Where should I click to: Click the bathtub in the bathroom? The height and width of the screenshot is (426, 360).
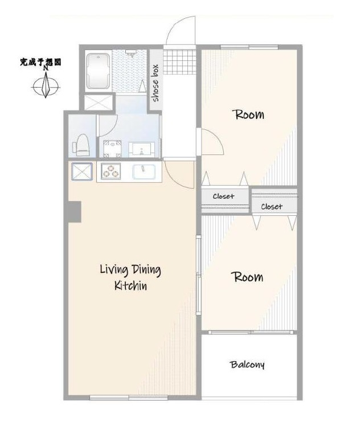point(99,71)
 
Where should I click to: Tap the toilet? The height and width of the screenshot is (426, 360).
point(81,145)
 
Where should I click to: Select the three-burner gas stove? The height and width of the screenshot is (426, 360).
point(111,171)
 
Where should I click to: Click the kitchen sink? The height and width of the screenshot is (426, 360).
point(144,172)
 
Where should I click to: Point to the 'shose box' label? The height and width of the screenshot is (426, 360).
point(156,83)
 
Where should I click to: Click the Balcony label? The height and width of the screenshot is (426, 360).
point(247,364)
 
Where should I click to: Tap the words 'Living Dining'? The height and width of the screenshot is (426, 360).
point(130,270)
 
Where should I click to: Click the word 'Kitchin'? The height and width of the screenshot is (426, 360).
point(130,285)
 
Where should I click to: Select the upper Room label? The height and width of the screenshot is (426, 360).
point(248,114)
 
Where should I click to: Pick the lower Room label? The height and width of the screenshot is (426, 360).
point(247,277)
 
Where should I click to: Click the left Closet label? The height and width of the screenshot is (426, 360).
point(223,196)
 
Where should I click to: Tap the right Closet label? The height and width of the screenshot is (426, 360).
point(272,207)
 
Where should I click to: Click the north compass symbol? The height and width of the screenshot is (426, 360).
point(46,84)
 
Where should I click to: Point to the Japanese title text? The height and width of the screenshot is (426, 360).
point(40,62)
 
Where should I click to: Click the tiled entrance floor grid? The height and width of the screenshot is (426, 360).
point(179,62)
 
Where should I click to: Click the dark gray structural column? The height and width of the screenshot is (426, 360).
point(74,212)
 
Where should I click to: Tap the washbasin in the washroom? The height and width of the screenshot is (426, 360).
point(142,149)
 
